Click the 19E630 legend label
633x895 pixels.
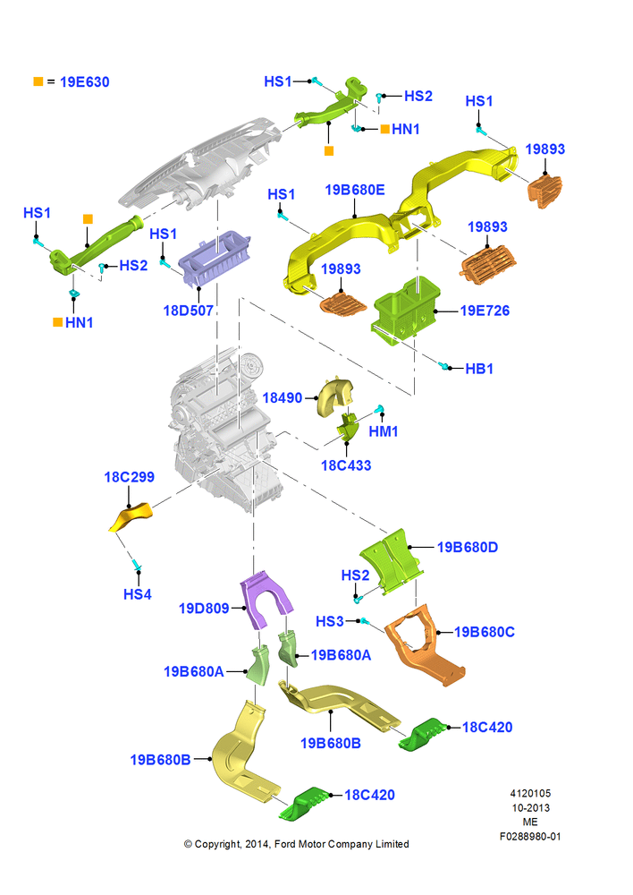(84, 82)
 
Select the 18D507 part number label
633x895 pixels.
(188, 311)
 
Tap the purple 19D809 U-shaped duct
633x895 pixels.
(266, 601)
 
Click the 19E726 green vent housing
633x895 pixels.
(407, 311)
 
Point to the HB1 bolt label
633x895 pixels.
(479, 369)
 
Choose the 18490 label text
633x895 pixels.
(283, 398)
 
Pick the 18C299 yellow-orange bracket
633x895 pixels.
(131, 517)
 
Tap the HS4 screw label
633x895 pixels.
(138, 594)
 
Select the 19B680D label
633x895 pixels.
(468, 548)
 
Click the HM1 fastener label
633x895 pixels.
(384, 431)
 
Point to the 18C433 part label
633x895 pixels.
(346, 465)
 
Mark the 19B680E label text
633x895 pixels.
(355, 190)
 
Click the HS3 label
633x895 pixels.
(330, 621)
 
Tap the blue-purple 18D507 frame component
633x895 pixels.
(215, 259)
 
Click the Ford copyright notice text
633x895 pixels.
(297, 844)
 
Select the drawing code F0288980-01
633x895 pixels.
(530, 836)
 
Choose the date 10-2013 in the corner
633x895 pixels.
(530, 807)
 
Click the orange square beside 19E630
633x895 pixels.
(38, 81)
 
